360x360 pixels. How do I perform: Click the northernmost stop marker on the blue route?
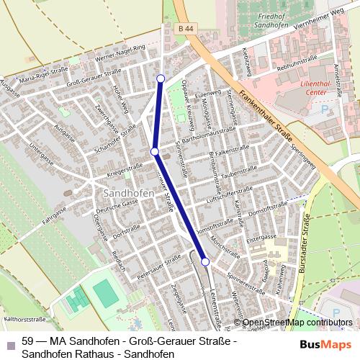pyautogui.click(x=161, y=78)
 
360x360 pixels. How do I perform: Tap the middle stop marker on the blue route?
pyautogui.click(x=154, y=151)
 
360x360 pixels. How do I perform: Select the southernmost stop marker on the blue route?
pyautogui.click(x=205, y=261)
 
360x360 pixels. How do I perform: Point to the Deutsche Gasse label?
pyautogui.click(x=117, y=207)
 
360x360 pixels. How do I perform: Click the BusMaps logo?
pyautogui.click(x=330, y=346)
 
